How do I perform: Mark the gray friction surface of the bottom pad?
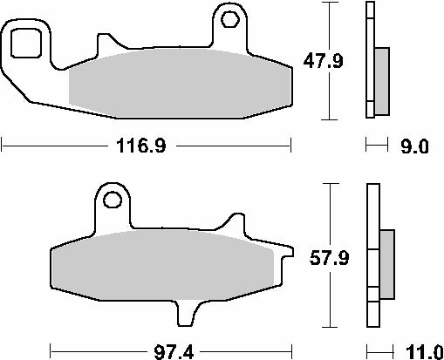pyautogui.click(x=166, y=265)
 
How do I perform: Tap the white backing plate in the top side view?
pyautogui.click(x=369, y=61)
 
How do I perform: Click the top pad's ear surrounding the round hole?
pyautogui.click(x=229, y=31)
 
